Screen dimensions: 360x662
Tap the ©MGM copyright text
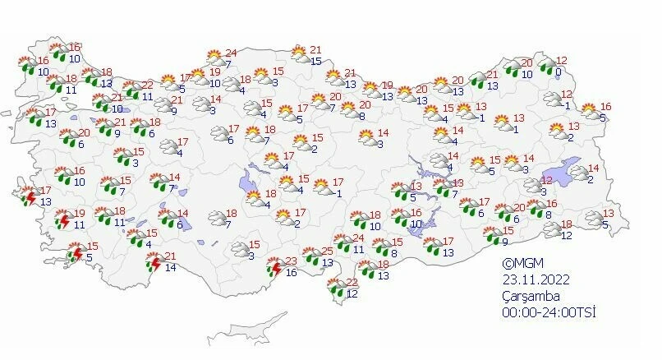525,264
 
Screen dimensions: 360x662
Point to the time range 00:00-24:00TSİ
549,312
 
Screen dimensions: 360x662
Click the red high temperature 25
327,252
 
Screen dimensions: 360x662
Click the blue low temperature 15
316,61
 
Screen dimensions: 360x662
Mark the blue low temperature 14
169,268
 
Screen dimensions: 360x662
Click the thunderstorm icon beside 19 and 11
62,220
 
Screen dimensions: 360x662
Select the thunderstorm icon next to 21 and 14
153,263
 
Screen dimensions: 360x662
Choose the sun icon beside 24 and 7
214,58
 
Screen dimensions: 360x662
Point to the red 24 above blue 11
358,238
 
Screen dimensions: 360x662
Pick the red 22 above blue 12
352,282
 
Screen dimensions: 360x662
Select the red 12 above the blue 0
562,60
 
